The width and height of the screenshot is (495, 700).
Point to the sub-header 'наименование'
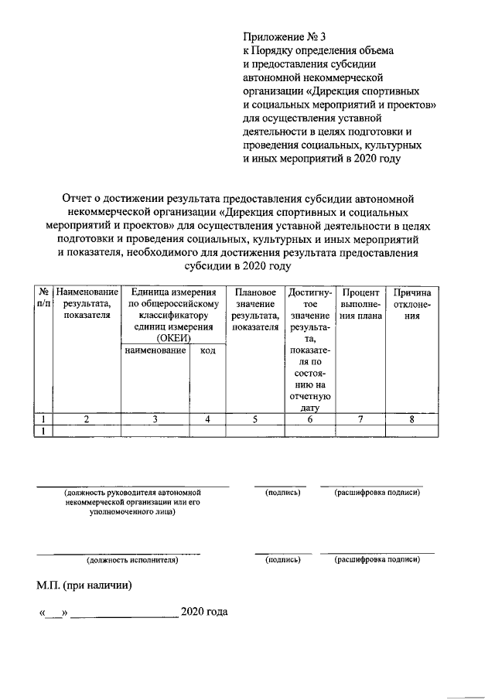(155, 351)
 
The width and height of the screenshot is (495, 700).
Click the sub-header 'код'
(207, 351)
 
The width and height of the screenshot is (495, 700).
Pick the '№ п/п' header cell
(43, 299)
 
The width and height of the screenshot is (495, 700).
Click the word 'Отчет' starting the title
(78, 199)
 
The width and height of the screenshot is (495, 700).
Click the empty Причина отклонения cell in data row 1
(411, 431)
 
